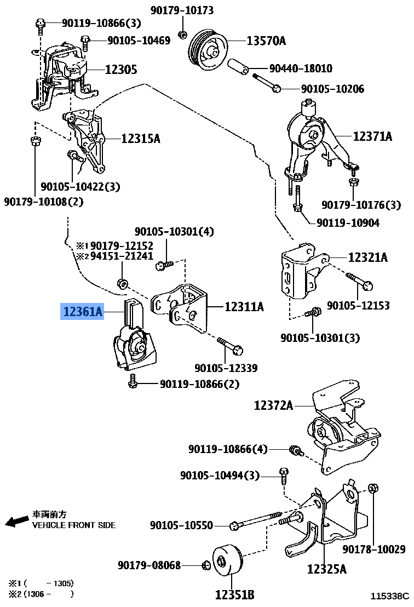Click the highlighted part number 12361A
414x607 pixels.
pyautogui.click(x=83, y=312)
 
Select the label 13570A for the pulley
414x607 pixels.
pyautogui.click(x=266, y=41)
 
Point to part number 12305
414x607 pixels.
pyautogui.click(x=121, y=70)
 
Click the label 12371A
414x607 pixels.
pyautogui.click(x=372, y=136)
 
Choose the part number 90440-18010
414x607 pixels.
pyautogui.click(x=301, y=69)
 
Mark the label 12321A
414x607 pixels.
pyautogui.click(x=367, y=257)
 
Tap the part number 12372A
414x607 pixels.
pyautogui.click(x=273, y=406)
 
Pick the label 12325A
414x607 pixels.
pyautogui.click(x=326, y=570)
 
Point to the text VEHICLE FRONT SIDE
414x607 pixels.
pyautogui.click(x=74, y=525)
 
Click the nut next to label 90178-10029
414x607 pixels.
pyautogui.click(x=372, y=488)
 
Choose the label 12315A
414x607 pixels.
pyautogui.click(x=141, y=139)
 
